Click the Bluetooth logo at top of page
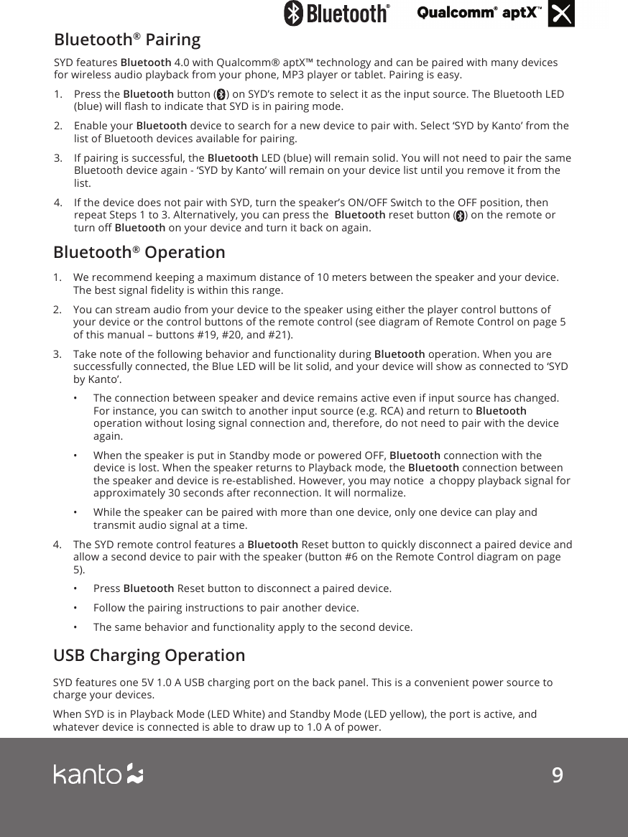click(x=337, y=13)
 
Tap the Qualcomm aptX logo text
click(x=480, y=14)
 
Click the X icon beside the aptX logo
click(x=561, y=14)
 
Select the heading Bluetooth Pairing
click(x=127, y=38)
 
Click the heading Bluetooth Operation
click(x=139, y=252)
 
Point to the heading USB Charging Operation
click(x=149, y=655)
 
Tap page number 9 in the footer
click(x=557, y=775)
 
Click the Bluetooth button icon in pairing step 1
click(x=221, y=95)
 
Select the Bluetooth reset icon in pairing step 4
click(x=460, y=216)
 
